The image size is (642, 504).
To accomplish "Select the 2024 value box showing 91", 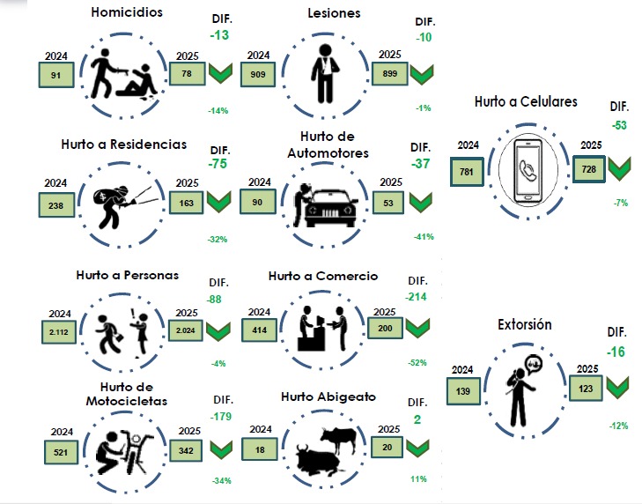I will click(x=55, y=77).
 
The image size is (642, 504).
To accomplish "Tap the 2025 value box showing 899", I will click(x=389, y=75).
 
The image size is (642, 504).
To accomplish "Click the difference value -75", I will click(x=219, y=164).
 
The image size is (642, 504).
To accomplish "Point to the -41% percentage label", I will click(x=423, y=237).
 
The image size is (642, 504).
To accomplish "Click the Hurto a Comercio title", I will click(x=323, y=276).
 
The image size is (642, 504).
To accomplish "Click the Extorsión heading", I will click(x=524, y=324).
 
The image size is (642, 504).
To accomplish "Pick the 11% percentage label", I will click(x=417, y=478).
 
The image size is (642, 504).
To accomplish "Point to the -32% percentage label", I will click(x=217, y=238).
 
